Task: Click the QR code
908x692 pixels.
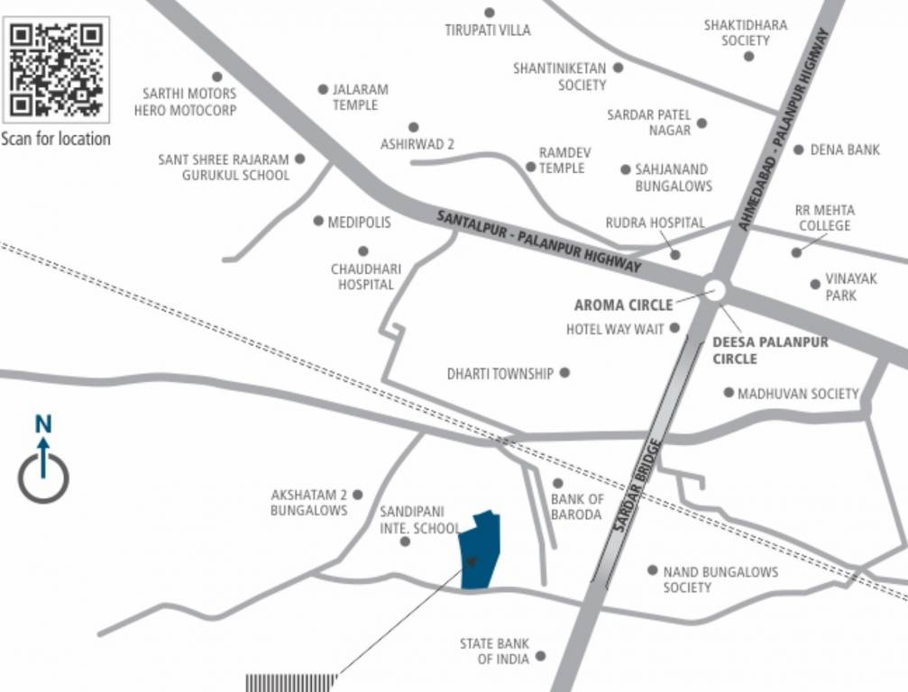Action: click(56, 69)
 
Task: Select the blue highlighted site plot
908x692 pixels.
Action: click(478, 551)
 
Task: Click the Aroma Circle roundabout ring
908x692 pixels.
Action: click(715, 289)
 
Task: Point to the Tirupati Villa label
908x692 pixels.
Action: click(488, 30)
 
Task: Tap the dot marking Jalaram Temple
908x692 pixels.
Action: click(323, 89)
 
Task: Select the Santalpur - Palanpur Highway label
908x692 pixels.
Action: click(538, 241)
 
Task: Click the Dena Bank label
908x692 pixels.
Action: click(845, 150)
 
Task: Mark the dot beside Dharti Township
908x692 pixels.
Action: click(565, 372)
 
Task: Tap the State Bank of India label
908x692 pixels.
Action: click(494, 651)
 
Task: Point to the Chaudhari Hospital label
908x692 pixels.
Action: click(365, 277)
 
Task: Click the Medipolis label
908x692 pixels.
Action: click(359, 222)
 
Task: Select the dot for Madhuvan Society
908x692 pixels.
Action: click(729, 392)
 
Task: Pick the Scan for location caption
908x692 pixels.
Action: click(56, 139)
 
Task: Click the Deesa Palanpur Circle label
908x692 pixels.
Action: click(769, 351)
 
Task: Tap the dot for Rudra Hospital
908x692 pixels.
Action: click(675, 255)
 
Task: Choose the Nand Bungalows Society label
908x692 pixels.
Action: click(720, 579)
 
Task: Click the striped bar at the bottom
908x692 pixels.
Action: click(291, 683)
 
